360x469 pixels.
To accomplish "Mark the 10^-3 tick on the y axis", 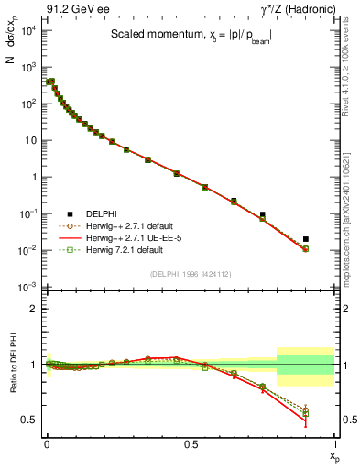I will tap(28, 287).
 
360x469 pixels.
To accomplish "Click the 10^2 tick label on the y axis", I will tap(28, 104).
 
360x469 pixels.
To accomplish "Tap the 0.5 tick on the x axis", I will tap(191, 442).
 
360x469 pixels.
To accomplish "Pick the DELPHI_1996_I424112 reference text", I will tap(189, 274).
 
